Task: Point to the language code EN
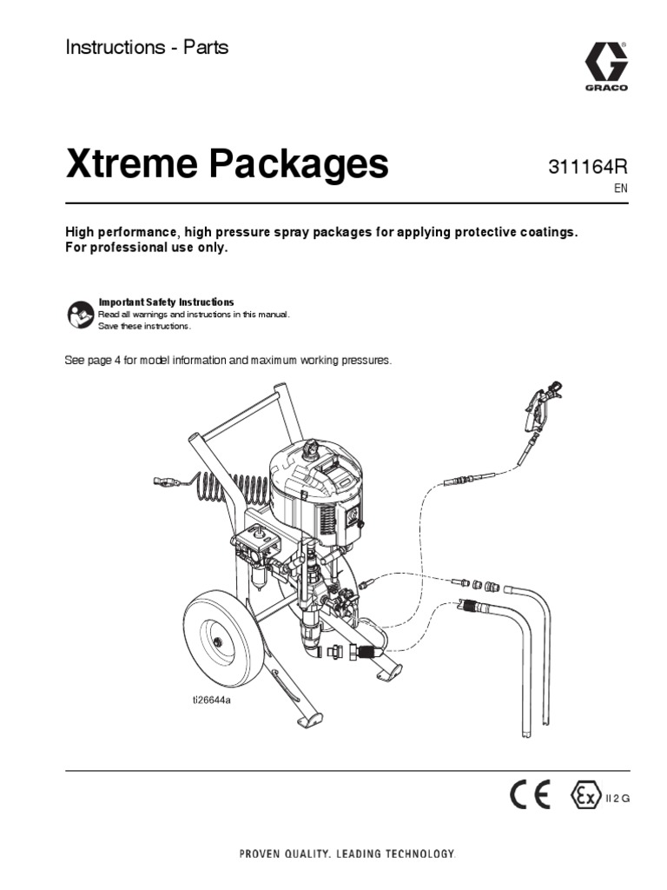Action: [x=620, y=188]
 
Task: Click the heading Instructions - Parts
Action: [x=147, y=48]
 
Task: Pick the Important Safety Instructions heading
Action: [x=166, y=302]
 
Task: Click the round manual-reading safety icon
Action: [x=78, y=314]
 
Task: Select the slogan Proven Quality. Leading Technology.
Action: [x=347, y=855]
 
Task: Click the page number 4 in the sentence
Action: [x=117, y=360]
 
